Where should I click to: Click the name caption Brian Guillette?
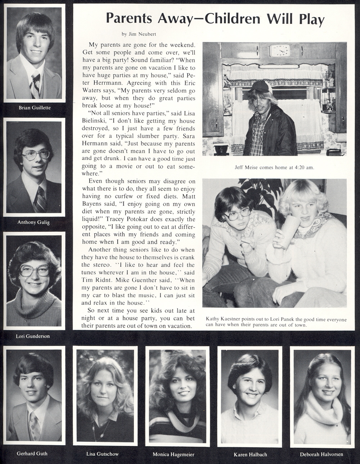(x=35, y=108)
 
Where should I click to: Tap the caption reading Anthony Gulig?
(x=33, y=222)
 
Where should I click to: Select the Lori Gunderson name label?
(x=33, y=336)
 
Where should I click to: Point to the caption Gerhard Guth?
(x=32, y=453)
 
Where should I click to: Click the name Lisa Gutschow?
(x=103, y=454)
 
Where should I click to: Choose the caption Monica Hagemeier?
(x=174, y=454)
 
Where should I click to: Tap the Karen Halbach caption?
(x=250, y=454)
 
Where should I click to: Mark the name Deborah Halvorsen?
(x=321, y=454)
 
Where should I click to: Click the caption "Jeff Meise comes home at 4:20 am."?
(x=274, y=167)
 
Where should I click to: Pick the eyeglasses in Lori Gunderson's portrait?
(x=34, y=270)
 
